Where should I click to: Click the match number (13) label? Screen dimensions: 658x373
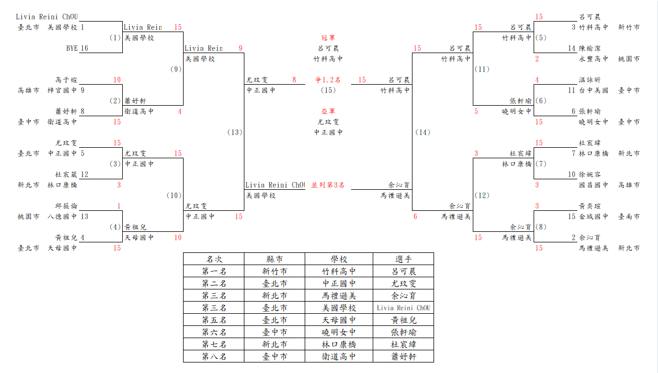(234, 132)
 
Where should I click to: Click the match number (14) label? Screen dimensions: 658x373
(422, 132)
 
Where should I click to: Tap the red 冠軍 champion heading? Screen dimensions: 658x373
(328, 38)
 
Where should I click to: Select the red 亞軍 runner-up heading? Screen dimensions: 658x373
(328, 111)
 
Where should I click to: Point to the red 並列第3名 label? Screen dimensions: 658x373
(328, 185)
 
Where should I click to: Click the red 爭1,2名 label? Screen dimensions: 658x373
(328, 80)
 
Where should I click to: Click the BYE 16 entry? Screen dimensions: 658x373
(77, 48)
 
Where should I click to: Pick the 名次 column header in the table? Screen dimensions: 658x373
(214, 259)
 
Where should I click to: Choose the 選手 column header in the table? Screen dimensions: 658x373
(403, 259)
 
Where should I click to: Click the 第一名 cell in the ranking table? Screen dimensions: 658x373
(214, 271)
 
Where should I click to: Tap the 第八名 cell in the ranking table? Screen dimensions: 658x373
(214, 356)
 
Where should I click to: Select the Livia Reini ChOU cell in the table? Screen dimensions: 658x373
(403, 308)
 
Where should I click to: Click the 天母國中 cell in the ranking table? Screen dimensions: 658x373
(338, 320)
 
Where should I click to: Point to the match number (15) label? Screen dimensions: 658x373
(328, 90)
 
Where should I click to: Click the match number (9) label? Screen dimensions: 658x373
(176, 69)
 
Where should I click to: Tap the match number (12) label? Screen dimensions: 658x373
(482, 195)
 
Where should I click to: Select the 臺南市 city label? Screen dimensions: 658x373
(629, 217)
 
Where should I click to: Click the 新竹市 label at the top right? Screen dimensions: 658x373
(629, 27)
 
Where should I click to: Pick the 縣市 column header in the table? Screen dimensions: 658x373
(275, 259)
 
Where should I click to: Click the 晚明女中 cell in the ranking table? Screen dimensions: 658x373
(338, 332)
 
